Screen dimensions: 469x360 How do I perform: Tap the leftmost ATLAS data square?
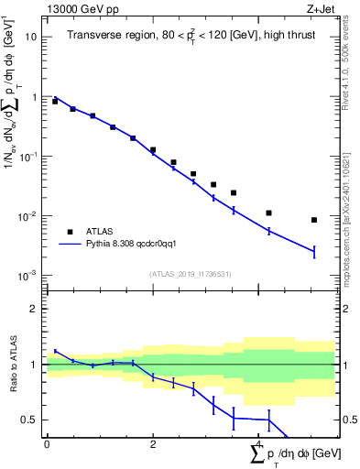click(x=55, y=102)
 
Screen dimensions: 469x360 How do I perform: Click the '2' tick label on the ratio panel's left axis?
click(x=34, y=309)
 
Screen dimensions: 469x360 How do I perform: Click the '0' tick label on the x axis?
click(x=47, y=444)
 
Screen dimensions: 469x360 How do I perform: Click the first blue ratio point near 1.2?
click(x=55, y=351)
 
